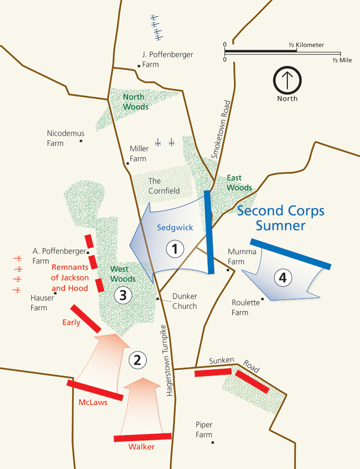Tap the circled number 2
click(x=137, y=360)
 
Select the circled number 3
click(x=122, y=295)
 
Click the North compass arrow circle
click(x=287, y=80)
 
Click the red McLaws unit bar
click(x=95, y=391)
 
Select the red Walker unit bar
click(x=142, y=437)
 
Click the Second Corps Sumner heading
click(x=280, y=218)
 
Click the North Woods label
click(x=136, y=102)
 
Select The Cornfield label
click(x=164, y=186)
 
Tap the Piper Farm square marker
click(x=213, y=442)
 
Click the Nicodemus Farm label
click(x=65, y=138)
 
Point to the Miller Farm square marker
click(x=128, y=163)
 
